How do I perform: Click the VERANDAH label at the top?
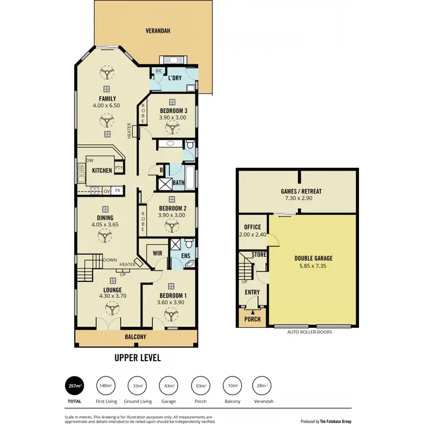point(158,31)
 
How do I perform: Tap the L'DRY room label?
point(175,78)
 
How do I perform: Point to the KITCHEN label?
point(102,170)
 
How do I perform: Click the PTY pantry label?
point(119,168)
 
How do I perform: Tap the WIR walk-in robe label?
point(157,254)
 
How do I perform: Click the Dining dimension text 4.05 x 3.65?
point(105,225)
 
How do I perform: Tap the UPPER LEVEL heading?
point(137,358)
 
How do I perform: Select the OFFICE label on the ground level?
point(249,227)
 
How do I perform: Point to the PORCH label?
point(252,319)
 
